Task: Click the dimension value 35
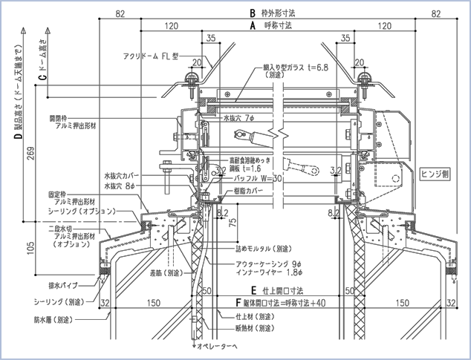210,38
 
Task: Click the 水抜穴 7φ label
238,117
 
